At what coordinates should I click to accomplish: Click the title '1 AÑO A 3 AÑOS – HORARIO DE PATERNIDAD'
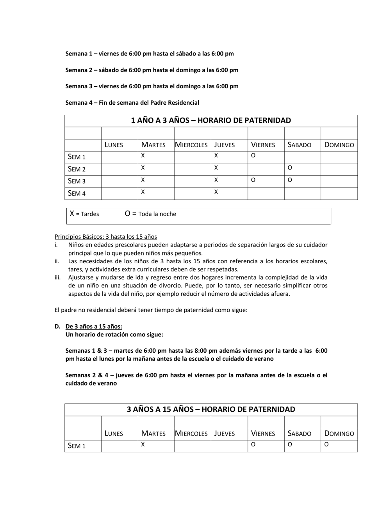(x=211, y=120)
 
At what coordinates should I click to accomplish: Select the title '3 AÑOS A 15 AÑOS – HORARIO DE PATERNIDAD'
(x=211, y=409)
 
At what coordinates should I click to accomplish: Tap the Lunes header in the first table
(x=114, y=145)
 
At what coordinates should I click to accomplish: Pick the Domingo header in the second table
(x=339, y=434)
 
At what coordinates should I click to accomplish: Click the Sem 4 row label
(x=77, y=193)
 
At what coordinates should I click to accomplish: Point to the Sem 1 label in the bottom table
(x=77, y=446)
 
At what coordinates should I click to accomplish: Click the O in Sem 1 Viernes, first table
(x=253, y=155)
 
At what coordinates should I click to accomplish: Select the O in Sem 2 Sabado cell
(x=290, y=168)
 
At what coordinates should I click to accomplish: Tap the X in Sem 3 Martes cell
(x=143, y=180)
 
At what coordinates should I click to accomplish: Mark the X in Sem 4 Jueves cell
(x=216, y=192)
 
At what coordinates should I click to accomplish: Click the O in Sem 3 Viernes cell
(x=253, y=180)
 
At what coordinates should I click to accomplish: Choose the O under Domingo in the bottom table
(x=326, y=444)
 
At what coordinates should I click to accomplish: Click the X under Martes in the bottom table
(x=143, y=444)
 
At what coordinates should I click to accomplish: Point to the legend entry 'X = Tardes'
(x=84, y=214)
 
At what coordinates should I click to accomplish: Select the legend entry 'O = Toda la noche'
(x=150, y=214)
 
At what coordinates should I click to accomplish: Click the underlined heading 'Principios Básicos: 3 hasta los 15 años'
(x=106, y=236)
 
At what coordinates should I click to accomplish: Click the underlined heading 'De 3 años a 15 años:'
(x=94, y=326)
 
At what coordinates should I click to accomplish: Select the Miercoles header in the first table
(x=191, y=145)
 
